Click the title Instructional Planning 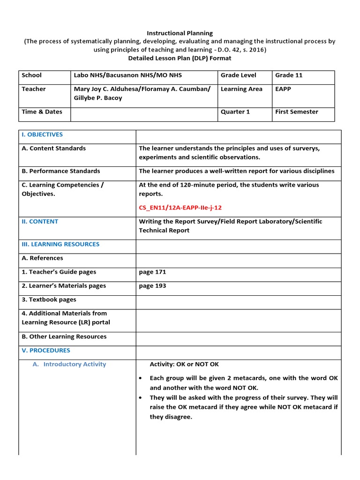[x=180, y=33]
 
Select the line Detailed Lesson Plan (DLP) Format [x=180, y=58]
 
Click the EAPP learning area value [x=283, y=89]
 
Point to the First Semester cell [x=296, y=112]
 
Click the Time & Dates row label [x=42, y=112]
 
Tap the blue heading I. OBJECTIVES [x=42, y=135]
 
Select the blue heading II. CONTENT [x=40, y=221]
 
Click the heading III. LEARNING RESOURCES [x=60, y=244]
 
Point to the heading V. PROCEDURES [x=46, y=350]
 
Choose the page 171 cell [x=152, y=272]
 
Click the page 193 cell [x=152, y=285]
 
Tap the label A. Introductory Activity [x=75, y=364]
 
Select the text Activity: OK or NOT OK [x=184, y=364]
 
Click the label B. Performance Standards [x=61, y=171]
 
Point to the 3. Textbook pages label [x=49, y=300]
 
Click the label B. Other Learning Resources [x=64, y=337]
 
